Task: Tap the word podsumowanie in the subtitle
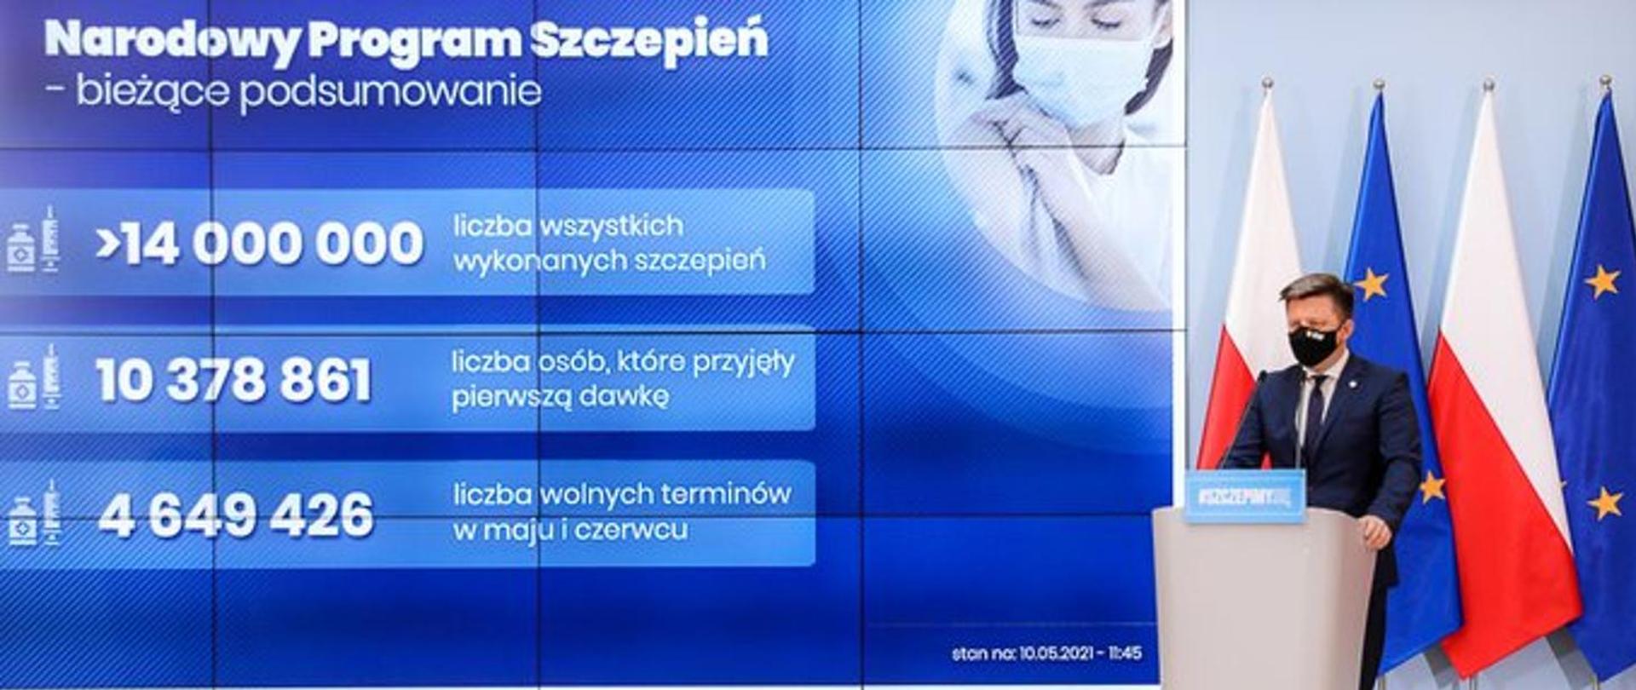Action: (390, 91)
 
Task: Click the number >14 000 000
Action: (259, 243)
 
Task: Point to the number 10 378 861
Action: (233, 380)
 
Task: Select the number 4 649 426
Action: (235, 515)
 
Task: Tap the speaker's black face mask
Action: (1313, 346)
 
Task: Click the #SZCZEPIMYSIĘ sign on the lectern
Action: (1244, 496)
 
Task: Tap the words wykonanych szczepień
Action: (608, 262)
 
